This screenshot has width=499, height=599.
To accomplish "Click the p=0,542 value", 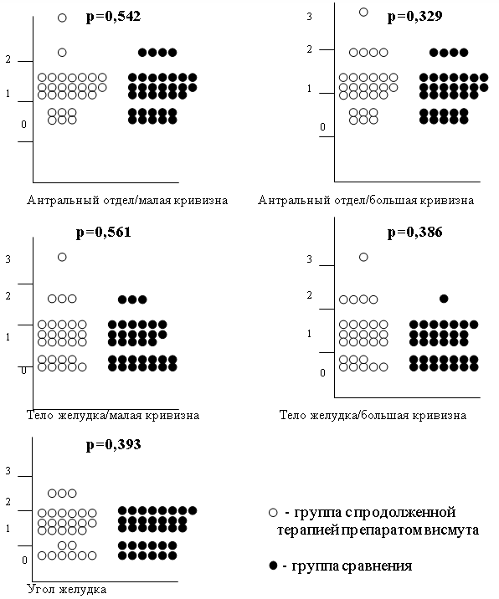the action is (x=114, y=17).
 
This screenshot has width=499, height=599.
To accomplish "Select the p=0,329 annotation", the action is (x=415, y=17).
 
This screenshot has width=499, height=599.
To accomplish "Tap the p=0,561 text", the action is (x=104, y=233).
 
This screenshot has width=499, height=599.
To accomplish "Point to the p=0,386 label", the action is (x=415, y=233).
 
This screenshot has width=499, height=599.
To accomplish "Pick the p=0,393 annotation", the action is (x=114, y=445).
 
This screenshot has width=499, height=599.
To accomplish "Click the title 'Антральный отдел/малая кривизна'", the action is (x=127, y=200).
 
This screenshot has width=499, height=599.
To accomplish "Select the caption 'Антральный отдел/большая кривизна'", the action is (x=366, y=200).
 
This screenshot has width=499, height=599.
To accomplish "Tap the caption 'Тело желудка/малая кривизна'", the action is (x=113, y=416).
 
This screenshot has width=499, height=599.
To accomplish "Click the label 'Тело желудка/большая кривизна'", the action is (x=373, y=416).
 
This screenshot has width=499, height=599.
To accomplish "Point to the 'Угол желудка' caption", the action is (x=66, y=590).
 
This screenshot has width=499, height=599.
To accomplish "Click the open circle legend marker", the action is (x=273, y=513).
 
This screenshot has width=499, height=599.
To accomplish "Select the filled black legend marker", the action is (x=273, y=566).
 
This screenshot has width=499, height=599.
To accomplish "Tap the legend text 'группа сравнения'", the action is (x=352, y=566).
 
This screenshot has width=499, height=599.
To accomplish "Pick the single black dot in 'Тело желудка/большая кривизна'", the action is (x=444, y=299).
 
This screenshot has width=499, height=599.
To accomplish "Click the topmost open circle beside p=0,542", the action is (x=62, y=18).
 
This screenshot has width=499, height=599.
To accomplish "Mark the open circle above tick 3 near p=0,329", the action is (x=363, y=13).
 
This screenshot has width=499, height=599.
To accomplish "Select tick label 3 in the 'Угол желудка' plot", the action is (x=8, y=471).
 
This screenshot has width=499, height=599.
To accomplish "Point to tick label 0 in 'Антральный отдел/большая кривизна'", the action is (x=322, y=127).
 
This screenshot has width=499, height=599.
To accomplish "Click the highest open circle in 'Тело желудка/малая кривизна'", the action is (x=62, y=257).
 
